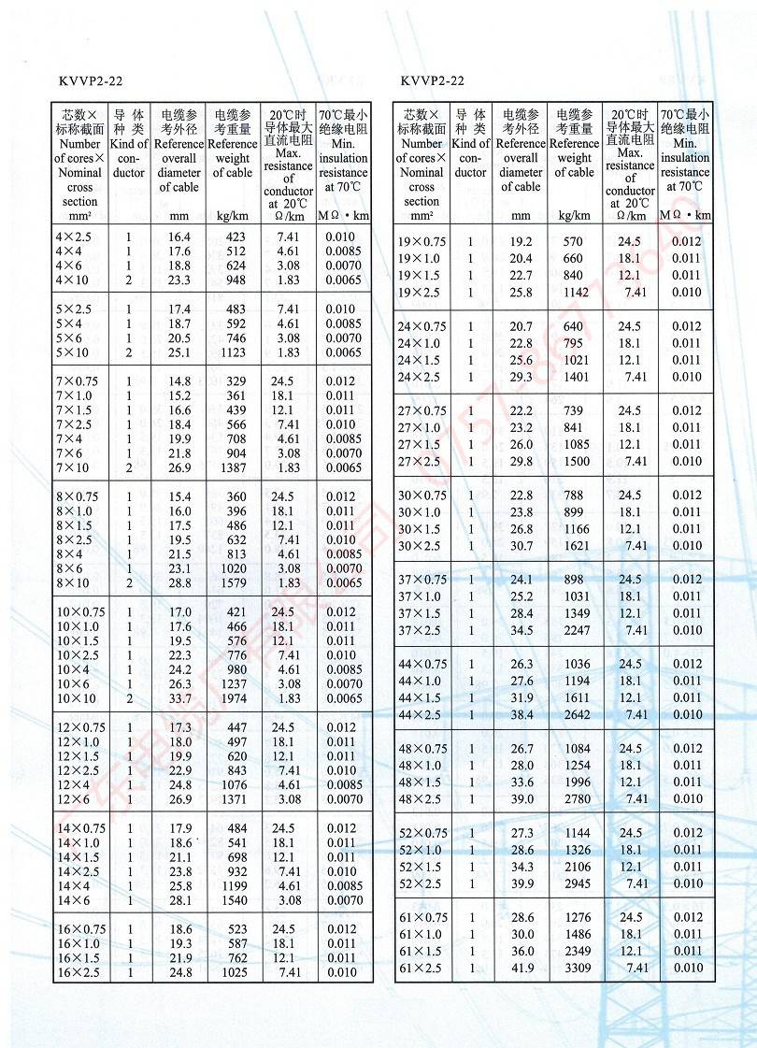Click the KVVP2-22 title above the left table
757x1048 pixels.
(91, 81)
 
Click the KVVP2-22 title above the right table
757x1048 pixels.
(433, 81)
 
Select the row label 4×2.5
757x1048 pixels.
(74, 237)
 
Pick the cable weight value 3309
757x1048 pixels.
(577, 968)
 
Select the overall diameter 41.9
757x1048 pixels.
(521, 968)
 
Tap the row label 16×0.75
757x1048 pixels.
(81, 929)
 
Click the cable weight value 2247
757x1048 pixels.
(577, 630)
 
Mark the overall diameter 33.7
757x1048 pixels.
(179, 698)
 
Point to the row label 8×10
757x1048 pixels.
(75, 583)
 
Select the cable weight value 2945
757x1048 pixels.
(577, 883)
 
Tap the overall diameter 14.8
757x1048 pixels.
(179, 381)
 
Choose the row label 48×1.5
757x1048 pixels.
(419, 782)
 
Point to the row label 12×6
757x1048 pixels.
(75, 799)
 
